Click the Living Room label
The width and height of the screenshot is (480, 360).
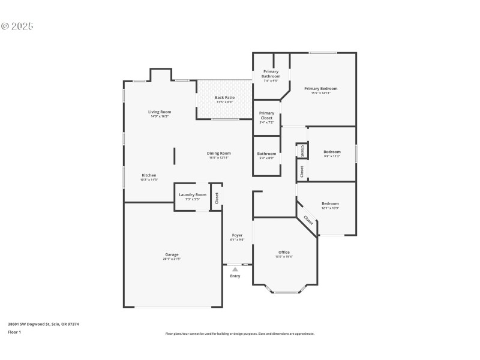(x=160, y=112)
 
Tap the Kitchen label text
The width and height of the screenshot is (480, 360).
(x=149, y=175)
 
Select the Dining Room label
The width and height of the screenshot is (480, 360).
(x=220, y=153)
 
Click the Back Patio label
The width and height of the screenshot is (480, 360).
(x=224, y=97)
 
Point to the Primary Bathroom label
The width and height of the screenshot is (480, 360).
(x=271, y=74)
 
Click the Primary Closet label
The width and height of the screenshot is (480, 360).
(x=266, y=115)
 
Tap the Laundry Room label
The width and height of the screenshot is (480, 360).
(x=192, y=194)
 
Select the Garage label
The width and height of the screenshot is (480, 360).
(x=172, y=254)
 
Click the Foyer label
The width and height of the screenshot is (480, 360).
(x=237, y=235)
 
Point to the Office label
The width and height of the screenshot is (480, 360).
(x=284, y=252)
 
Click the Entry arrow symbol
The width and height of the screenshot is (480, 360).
(x=235, y=269)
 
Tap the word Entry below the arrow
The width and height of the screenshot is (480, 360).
(x=235, y=276)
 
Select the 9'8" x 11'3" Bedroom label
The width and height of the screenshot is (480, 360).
(x=332, y=152)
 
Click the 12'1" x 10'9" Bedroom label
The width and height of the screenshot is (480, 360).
(x=330, y=203)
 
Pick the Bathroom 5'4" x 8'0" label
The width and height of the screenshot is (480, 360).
(x=266, y=154)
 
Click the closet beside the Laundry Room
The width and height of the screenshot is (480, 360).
(x=217, y=197)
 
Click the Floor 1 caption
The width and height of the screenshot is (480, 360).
(x=14, y=332)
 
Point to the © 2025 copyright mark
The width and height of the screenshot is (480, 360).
(x=17, y=26)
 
